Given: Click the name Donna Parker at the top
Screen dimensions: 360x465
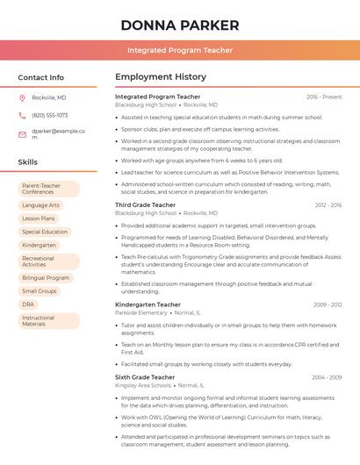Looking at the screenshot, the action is click(180, 25).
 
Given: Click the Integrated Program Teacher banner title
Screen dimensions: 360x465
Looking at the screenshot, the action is click(180, 50).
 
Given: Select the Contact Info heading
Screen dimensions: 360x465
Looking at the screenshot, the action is click(41, 77).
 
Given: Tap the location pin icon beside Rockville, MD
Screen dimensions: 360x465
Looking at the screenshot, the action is click(22, 97).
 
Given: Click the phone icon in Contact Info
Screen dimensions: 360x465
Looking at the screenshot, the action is click(22, 115).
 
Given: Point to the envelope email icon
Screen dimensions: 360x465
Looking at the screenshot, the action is click(22, 134).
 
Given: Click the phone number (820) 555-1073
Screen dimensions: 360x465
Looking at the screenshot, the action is click(50, 115).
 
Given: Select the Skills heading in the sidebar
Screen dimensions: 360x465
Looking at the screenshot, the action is click(28, 161).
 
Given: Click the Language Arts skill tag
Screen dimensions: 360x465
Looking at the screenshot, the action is click(41, 205).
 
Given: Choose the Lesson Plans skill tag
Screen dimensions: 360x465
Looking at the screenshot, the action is click(39, 218).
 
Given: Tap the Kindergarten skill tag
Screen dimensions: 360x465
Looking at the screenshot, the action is click(40, 245).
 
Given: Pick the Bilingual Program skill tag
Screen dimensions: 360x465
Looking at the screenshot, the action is click(46, 277).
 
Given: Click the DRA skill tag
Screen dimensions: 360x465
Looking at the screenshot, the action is click(28, 304).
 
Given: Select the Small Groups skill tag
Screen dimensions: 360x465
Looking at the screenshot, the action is click(40, 290).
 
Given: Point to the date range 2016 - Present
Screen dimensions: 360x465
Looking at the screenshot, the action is click(324, 97).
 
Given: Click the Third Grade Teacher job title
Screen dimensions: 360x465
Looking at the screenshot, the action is click(146, 204).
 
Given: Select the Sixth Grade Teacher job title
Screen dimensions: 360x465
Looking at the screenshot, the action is click(145, 376).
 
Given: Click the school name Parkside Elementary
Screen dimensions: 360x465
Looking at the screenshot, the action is click(141, 312).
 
